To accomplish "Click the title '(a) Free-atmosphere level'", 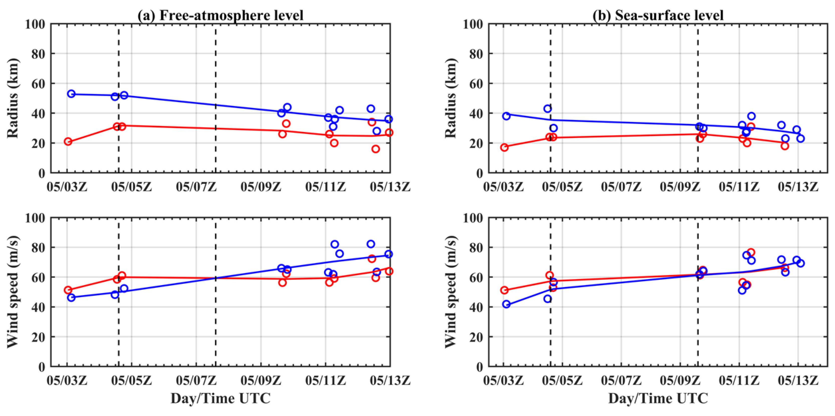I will click(220, 15).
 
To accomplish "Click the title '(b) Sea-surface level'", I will click(658, 15).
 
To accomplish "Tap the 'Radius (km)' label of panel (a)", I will click(13, 98).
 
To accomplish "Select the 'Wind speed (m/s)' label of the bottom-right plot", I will click(451, 292).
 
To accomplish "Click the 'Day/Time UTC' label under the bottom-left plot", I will click(220, 398).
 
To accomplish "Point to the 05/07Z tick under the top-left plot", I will click(196, 187).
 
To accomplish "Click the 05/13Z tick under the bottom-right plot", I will click(798, 380).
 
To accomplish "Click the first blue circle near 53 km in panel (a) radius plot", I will click(71, 94).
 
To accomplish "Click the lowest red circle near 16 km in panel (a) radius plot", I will click(376, 149).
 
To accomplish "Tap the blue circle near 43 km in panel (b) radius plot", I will click(547, 109).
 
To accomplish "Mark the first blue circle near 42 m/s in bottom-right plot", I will click(506, 304).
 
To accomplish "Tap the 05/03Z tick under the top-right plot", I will click(503, 187).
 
